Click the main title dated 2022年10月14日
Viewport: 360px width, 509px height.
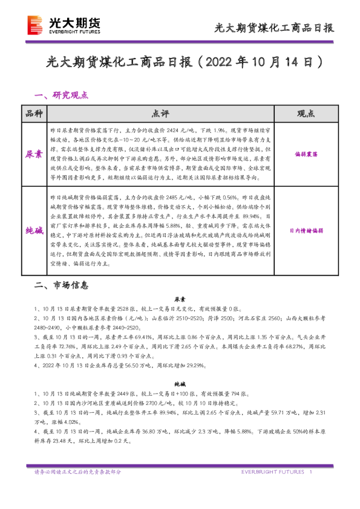[180, 62]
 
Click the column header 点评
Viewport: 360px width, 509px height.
[161, 114]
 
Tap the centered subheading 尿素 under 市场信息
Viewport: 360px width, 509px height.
[180, 299]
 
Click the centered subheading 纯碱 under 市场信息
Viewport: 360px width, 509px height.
[180, 383]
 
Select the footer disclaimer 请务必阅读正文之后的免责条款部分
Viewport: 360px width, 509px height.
[77, 472]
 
